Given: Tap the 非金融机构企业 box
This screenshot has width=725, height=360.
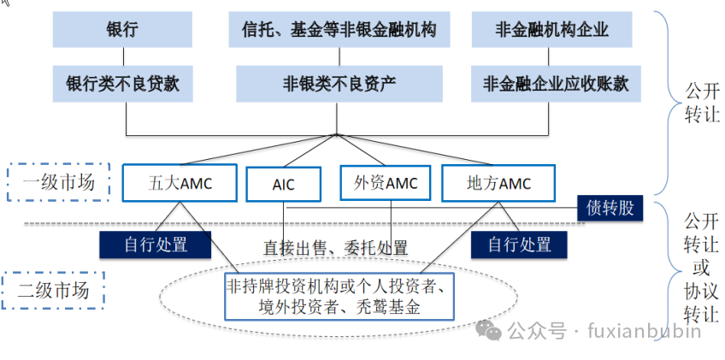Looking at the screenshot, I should (x=552, y=30).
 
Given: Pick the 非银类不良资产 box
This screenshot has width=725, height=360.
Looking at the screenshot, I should (x=339, y=84).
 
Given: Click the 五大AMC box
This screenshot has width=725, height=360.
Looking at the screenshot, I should (x=180, y=183).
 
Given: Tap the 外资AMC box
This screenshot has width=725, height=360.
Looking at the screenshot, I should (x=386, y=183).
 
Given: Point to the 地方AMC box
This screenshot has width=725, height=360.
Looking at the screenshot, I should (x=498, y=183).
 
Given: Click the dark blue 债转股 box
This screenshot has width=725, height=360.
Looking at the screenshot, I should (x=610, y=207).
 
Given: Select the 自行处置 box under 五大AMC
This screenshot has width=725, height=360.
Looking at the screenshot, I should (x=156, y=245).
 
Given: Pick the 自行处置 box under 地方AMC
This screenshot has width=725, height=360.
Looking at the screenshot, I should (x=519, y=245).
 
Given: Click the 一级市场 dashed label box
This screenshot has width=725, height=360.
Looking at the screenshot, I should (x=58, y=182).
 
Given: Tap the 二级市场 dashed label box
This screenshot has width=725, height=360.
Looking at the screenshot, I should (x=53, y=291).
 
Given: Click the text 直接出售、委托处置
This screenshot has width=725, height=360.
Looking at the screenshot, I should (x=335, y=248).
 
